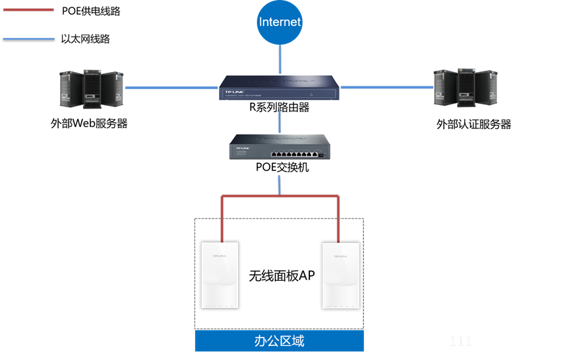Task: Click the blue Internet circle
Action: tap(280, 23)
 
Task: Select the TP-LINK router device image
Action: tap(279, 87)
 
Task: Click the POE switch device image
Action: tap(279, 146)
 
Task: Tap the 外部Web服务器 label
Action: tap(89, 124)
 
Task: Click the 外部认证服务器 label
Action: tap(474, 124)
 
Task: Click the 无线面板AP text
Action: tap(281, 275)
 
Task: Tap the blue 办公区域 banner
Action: tap(280, 341)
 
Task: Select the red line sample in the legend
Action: tap(28, 10)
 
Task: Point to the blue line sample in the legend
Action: tap(28, 39)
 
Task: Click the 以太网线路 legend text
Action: tap(90, 39)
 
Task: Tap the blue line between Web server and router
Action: tap(171, 87)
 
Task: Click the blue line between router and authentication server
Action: tap(387, 87)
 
